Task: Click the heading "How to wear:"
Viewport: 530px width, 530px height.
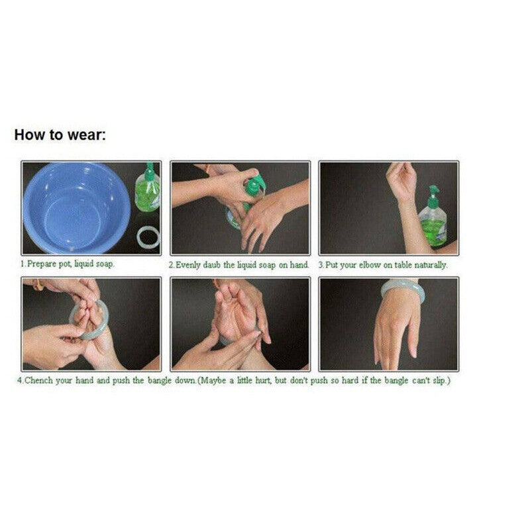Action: [x=60, y=135]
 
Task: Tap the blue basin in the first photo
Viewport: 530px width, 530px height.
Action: [x=76, y=208]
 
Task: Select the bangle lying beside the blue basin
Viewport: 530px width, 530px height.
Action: [x=148, y=237]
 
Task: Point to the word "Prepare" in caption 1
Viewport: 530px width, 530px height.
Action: [x=42, y=264]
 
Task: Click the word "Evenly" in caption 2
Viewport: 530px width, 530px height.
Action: [x=188, y=266]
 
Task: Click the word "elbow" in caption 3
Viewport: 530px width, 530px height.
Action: [x=370, y=265]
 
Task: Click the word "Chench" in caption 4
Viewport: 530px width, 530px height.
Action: [x=38, y=380]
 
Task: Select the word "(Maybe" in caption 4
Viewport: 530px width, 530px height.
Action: [x=212, y=380]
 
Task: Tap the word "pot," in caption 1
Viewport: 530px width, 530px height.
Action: [x=65, y=264]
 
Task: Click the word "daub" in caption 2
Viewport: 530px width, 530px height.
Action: [x=211, y=265]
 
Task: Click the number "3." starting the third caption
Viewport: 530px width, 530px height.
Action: [x=321, y=266]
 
